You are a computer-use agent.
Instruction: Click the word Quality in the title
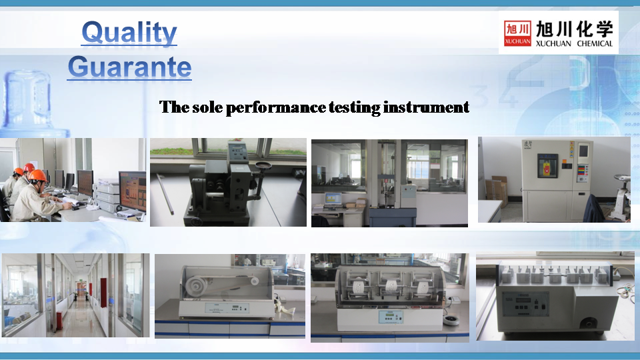129,32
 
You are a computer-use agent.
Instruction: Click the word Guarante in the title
129,67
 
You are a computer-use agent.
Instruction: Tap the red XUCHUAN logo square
517,33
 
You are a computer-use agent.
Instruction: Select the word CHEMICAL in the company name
595,44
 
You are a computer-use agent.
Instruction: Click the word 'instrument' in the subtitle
426,107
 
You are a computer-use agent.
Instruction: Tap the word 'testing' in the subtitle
354,107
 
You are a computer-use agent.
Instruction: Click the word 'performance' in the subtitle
275,108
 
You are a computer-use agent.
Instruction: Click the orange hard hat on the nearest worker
38,175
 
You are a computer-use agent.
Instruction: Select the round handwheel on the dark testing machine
263,165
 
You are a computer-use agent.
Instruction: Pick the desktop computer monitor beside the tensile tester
333,199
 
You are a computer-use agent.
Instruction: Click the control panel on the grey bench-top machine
525,304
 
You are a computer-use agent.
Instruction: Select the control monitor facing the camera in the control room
133,191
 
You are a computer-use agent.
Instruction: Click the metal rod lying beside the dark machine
165,194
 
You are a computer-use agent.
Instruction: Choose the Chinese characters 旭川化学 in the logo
574,29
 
